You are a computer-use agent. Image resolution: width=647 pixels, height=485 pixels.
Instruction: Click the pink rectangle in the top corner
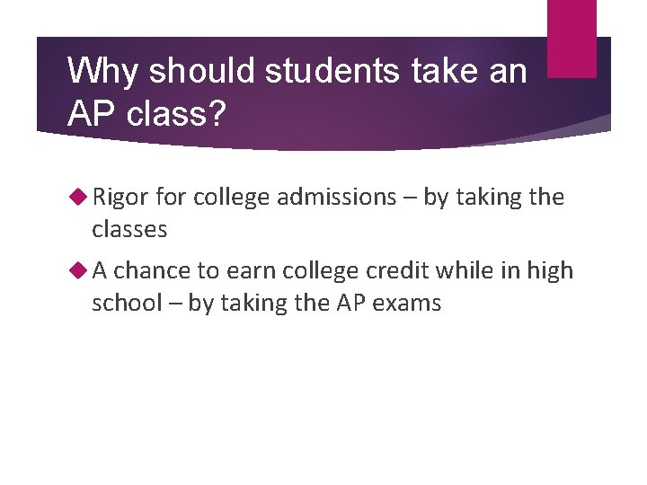[x=572, y=38]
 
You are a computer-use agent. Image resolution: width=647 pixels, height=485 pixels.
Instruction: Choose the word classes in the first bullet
[x=129, y=230]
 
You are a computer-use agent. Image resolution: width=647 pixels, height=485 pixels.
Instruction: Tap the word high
[x=549, y=270]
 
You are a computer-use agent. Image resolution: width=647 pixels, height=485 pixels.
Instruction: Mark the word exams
[x=410, y=304]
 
